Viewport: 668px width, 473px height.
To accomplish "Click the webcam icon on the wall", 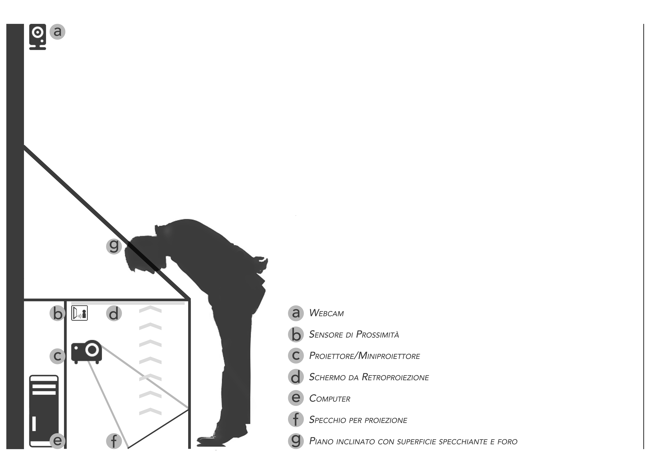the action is click(x=38, y=37).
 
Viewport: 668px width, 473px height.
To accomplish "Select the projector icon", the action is click(x=87, y=352).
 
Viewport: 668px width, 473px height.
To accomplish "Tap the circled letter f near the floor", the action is click(x=114, y=441).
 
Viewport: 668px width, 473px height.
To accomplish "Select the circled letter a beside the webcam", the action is click(x=58, y=31).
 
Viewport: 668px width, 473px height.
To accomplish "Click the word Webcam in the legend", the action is click(x=326, y=313).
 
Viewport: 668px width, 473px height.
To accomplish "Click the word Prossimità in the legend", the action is click(x=378, y=334).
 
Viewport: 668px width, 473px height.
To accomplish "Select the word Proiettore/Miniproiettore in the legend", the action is click(x=364, y=356).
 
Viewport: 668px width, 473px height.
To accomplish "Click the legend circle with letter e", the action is click(x=296, y=398).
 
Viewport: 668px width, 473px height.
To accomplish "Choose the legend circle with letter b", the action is click(x=296, y=334).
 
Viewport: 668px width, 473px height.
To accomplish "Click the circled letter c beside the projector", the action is click(x=58, y=356).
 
